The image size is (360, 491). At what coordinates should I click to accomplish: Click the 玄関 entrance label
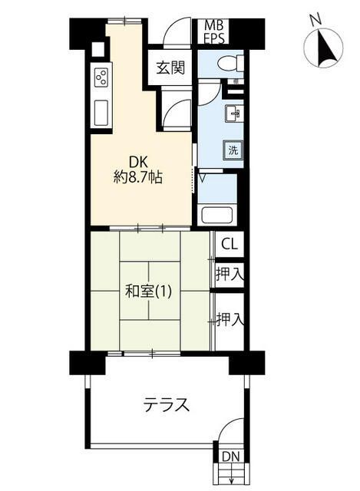(171, 68)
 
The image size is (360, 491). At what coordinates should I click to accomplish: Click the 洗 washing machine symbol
(232, 150)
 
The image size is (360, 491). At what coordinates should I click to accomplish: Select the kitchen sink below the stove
(102, 114)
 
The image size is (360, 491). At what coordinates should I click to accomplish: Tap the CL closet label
(228, 245)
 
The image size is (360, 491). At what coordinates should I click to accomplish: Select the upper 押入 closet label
(228, 273)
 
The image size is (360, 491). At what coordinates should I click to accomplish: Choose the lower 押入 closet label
(228, 319)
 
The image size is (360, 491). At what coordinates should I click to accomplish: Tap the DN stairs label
(230, 457)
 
